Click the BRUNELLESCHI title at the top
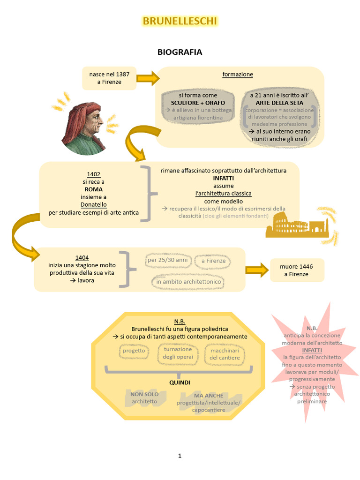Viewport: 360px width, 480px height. point(180,21)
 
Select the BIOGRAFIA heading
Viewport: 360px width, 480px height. point(180,52)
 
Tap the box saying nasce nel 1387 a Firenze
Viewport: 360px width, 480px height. point(109,78)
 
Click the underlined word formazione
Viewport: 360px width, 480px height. point(238,75)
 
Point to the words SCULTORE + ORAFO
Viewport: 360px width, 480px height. point(198,103)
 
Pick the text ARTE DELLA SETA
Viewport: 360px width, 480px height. point(279,103)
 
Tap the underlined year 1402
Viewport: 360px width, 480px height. point(94,174)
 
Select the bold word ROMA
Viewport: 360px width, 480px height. point(94,189)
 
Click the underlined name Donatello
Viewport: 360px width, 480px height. point(94,205)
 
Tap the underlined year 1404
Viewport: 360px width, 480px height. point(82,258)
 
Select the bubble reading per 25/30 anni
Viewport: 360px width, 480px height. point(167,260)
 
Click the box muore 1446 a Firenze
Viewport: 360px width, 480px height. point(296,270)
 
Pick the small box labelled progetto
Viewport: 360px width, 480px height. point(134,351)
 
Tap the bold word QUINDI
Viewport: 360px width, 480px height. point(180,382)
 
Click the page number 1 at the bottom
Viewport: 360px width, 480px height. point(180,456)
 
